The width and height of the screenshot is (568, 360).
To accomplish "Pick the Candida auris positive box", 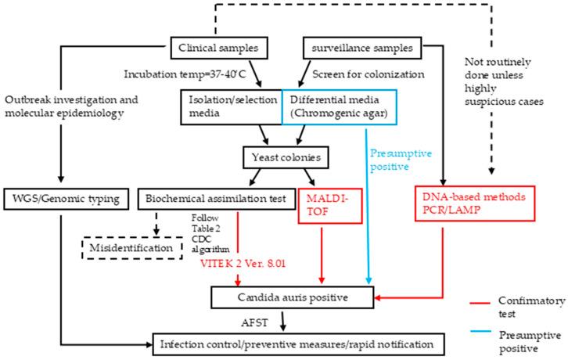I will (299, 297).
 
